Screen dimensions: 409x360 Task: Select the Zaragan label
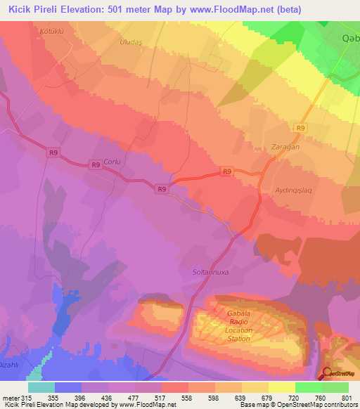coord(286,148)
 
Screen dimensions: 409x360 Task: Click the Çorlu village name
coord(112,162)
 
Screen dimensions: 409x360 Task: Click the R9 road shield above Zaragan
coord(301,128)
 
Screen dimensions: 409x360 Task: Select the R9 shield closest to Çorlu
coord(96,165)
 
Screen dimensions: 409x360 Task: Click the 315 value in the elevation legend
coord(25,398)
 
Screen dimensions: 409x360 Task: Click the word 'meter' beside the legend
coord(10,398)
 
